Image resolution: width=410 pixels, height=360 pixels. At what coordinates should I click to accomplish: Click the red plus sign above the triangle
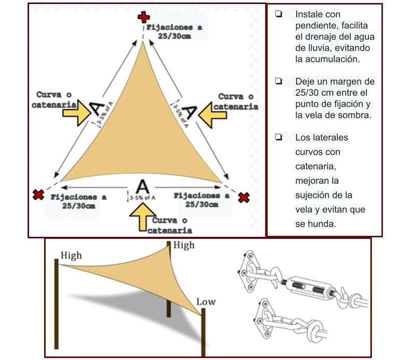coord(144,18)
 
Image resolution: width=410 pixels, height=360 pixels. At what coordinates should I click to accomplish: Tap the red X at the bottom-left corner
coord(38,194)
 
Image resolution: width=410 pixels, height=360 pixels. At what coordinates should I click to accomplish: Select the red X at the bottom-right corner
coord(244,197)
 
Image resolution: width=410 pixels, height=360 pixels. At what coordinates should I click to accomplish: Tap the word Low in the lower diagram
coord(206,301)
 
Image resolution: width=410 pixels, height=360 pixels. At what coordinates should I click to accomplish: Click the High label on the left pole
coord(71,255)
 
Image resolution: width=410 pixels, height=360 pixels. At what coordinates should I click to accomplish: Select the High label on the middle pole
coord(183,245)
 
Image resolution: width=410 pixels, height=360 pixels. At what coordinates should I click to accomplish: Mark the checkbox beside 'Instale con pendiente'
coord(278,14)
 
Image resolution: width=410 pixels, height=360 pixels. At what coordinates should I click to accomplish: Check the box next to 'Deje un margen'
coord(278,81)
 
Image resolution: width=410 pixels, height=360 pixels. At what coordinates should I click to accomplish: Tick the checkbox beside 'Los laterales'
coord(278,137)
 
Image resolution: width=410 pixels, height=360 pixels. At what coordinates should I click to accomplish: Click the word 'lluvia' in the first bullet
coord(316,48)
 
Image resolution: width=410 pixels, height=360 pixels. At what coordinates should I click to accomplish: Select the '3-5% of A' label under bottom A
coord(142,198)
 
